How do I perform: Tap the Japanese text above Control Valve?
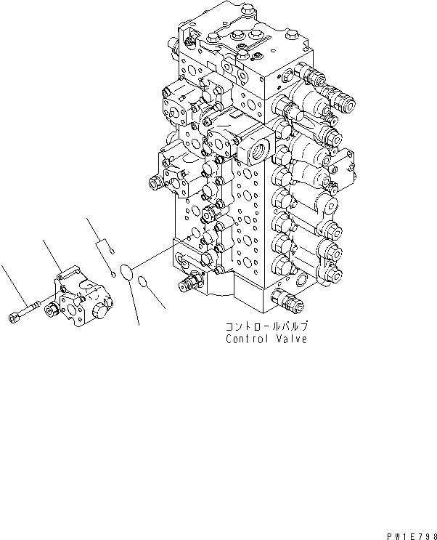pyautogui.click(x=266, y=328)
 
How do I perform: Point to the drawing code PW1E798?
pyautogui.click(x=412, y=533)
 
